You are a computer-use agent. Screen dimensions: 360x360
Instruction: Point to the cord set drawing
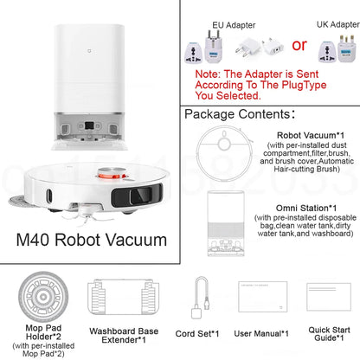point(201,297)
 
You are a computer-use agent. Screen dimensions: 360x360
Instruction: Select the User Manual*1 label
point(262,332)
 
